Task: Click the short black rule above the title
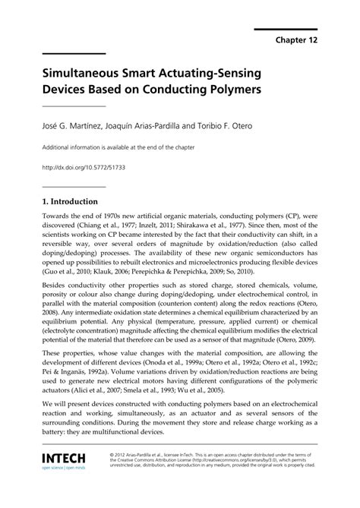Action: pos(74,54)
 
